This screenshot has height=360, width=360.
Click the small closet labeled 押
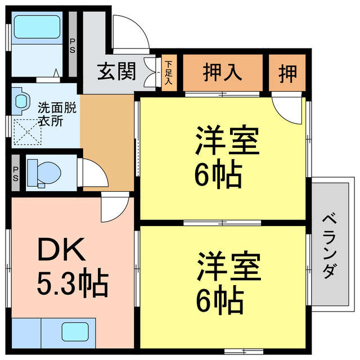(287, 73)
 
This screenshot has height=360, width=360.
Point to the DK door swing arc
(114, 208)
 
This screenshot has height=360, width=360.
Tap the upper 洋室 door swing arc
(287, 110)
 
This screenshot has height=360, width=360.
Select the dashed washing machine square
(29, 132)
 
